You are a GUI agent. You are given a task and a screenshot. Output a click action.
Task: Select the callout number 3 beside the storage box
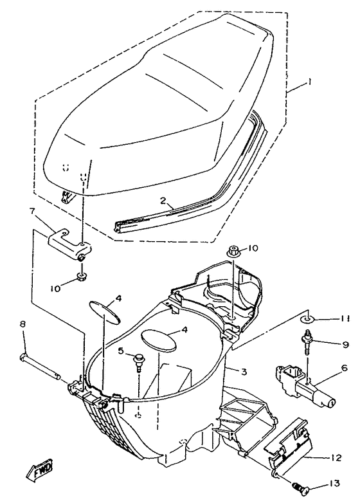(x=244, y=371)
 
